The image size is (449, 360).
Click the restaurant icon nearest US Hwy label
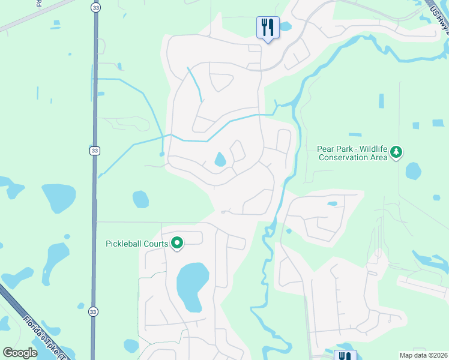click(x=268, y=28)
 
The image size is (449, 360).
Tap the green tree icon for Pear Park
click(x=396, y=152)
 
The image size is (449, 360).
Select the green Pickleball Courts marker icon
click(x=177, y=244)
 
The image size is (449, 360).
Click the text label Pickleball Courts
click(x=136, y=244)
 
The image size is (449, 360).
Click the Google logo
click(x=20, y=353)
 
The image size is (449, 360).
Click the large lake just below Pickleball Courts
click(x=192, y=286)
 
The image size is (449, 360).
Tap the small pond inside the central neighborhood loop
click(x=220, y=159)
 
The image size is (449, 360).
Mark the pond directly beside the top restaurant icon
click(x=284, y=26)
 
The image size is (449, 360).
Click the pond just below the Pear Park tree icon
click(x=414, y=171)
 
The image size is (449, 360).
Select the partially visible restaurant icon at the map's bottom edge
click(x=345, y=355)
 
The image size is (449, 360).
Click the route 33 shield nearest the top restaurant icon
click(x=95, y=8)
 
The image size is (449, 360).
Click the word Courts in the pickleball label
click(x=156, y=244)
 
